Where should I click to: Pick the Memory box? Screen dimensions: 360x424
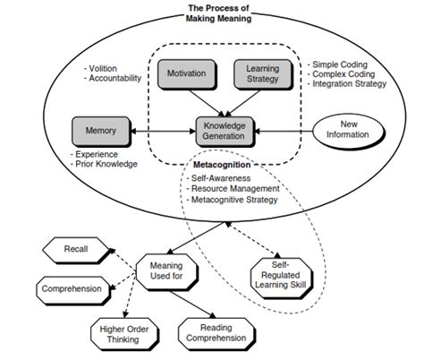coord(100,130)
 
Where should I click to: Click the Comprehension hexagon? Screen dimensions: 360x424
coord(70,288)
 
